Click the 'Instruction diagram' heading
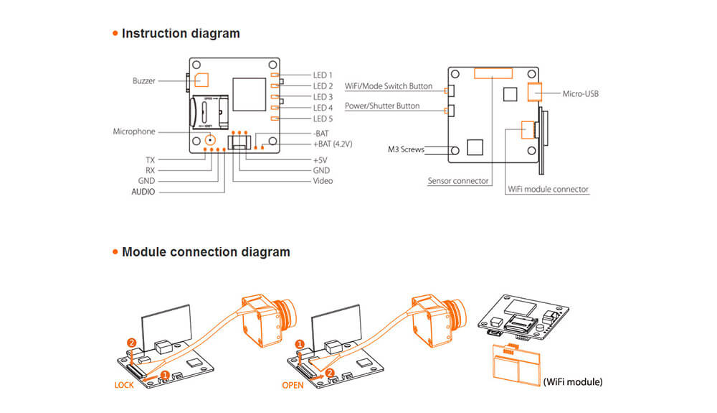click(181, 33)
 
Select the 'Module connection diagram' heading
click(206, 252)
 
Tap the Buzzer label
click(143, 81)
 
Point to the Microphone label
click(133, 132)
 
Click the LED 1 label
click(323, 75)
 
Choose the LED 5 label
click(323, 119)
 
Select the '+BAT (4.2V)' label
click(335, 144)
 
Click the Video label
click(323, 181)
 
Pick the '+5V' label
click(320, 159)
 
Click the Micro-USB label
click(580, 93)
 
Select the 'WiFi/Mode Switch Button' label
click(389, 86)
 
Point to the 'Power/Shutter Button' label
click(382, 106)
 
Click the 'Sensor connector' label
click(458, 181)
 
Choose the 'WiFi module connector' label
click(548, 190)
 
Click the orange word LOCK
click(124, 385)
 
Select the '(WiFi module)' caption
click(572, 382)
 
